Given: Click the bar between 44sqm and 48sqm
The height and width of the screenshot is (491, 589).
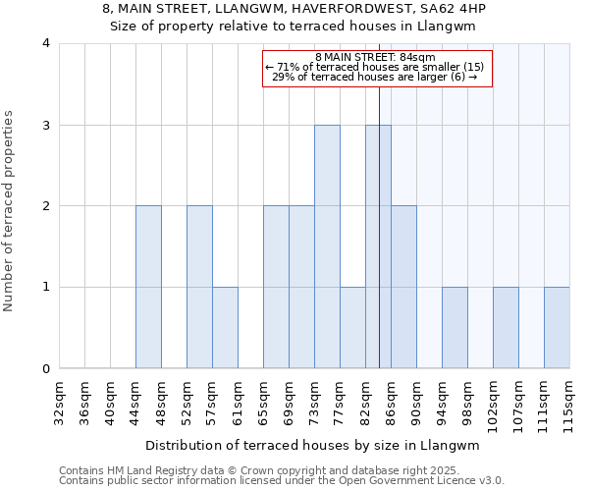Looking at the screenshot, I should click(x=148, y=287).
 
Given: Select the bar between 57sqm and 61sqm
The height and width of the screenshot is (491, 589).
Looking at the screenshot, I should click(x=225, y=328).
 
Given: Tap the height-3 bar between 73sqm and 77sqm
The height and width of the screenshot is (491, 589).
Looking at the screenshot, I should click(x=327, y=246).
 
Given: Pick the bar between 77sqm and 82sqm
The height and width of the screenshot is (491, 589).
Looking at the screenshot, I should click(x=352, y=328).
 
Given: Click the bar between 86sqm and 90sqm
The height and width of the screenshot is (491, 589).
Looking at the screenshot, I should click(x=403, y=287).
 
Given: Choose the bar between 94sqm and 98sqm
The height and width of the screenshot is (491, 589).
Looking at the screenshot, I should click(x=455, y=328).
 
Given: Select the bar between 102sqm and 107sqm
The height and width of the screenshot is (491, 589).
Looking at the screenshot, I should click(x=506, y=328).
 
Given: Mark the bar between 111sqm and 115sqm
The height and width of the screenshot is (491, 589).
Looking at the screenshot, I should click(x=557, y=328).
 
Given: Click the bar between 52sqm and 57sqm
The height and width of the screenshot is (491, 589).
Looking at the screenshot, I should click(x=199, y=287).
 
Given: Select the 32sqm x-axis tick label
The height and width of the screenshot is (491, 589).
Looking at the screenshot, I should click(x=60, y=401).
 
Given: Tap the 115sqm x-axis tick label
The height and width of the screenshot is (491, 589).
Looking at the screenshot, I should click(x=570, y=404).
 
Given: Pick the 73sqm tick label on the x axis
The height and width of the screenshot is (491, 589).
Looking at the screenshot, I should click(x=315, y=401).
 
